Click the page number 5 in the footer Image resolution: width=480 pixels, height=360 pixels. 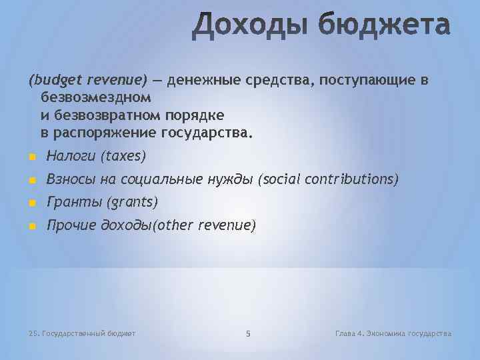tap(247, 333)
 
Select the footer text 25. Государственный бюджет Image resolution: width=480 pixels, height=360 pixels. tap(83, 333)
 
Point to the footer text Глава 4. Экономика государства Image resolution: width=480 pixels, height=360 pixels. tap(393, 333)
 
